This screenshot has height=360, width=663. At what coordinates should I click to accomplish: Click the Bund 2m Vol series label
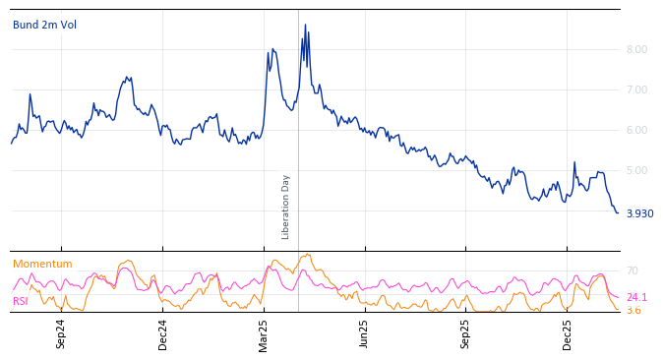point(44,25)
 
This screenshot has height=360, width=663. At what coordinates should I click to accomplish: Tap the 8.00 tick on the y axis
point(636,49)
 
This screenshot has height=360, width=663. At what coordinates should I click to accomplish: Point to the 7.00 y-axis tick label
point(636,90)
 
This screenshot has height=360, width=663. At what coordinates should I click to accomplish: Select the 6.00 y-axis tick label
point(636,130)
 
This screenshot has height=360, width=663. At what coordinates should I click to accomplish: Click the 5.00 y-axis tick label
point(636,170)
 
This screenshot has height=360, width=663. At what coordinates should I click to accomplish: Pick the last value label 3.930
point(639,213)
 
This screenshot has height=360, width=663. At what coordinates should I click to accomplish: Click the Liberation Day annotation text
point(286,207)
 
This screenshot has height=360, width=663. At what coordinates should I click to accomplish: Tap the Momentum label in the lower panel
point(42,264)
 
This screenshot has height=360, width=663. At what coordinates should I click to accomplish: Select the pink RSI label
point(21,301)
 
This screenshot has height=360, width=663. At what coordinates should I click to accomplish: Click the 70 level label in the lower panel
point(632,270)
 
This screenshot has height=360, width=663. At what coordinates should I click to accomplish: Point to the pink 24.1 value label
point(636,297)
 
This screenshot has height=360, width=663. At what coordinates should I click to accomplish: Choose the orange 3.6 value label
point(633,310)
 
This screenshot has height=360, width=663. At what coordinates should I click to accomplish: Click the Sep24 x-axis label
point(61,333)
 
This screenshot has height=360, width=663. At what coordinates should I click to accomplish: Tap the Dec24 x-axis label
point(163,333)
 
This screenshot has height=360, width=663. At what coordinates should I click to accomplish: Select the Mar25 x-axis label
point(264,333)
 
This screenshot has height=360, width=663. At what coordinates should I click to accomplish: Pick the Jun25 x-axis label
point(364,333)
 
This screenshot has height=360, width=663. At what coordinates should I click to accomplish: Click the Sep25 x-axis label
point(465,333)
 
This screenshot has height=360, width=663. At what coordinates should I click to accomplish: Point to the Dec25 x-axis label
point(567,333)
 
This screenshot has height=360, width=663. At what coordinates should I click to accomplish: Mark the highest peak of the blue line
point(305,25)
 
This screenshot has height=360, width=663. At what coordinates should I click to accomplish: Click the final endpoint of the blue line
point(618,212)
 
